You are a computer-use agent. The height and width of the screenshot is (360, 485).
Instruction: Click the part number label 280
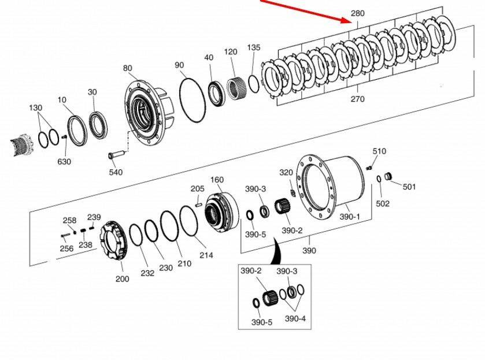[358, 13]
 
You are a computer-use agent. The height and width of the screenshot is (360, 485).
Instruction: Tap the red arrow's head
[346, 20]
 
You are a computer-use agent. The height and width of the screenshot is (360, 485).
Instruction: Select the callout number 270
[358, 99]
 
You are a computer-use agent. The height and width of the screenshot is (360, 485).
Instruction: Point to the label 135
[254, 47]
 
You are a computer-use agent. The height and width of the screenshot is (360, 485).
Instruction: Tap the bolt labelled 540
[116, 154]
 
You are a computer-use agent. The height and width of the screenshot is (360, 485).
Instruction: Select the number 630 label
[64, 161]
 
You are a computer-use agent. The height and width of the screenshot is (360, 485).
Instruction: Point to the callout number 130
[36, 108]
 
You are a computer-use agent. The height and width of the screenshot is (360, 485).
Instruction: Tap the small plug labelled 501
[388, 177]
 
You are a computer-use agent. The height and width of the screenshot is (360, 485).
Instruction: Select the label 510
[379, 151]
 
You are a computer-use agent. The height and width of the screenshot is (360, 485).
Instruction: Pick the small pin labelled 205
[198, 204]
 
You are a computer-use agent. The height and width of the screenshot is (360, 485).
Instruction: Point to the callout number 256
[66, 248]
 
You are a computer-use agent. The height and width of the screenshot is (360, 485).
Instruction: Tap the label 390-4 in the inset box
[295, 318]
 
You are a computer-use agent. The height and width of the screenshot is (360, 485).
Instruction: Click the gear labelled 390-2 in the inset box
[271, 298]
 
